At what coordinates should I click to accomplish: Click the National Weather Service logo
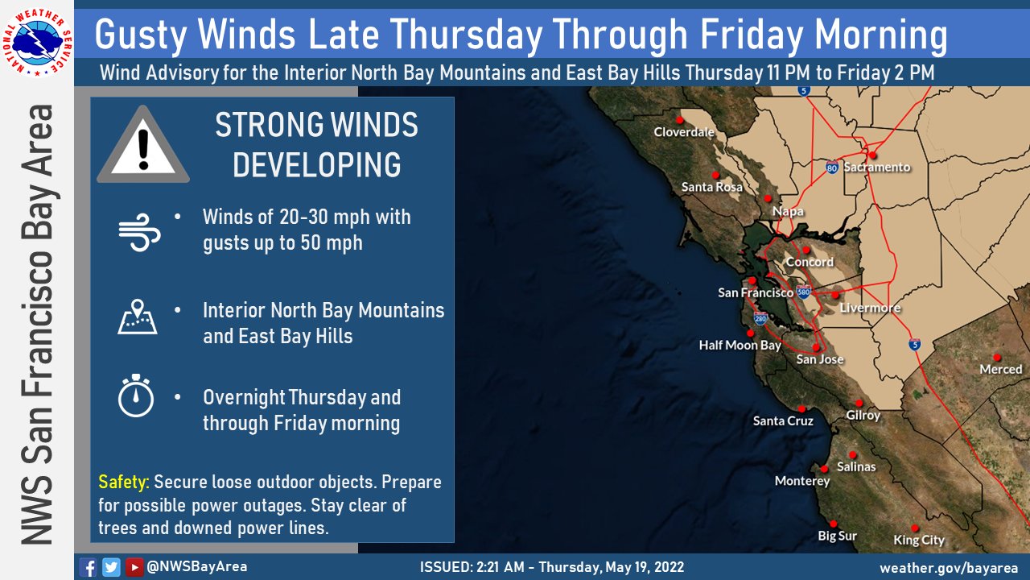click(x=37, y=43)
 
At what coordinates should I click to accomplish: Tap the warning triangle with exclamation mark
click(x=143, y=144)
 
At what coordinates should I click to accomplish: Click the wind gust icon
click(x=139, y=232)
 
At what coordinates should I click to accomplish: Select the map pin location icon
click(x=138, y=317)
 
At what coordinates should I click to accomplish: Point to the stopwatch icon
click(x=136, y=396)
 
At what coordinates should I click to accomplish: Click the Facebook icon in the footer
click(x=88, y=567)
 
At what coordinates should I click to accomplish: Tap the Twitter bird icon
click(x=111, y=567)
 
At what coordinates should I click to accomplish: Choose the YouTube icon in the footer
click(x=134, y=567)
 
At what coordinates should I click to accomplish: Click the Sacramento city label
click(x=877, y=167)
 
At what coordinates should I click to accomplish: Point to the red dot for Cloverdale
click(x=679, y=120)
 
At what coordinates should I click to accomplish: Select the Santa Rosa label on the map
click(x=712, y=187)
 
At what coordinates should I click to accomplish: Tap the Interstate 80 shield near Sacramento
click(x=832, y=167)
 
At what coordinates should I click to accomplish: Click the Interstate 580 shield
click(x=803, y=292)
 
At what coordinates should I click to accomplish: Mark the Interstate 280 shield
click(x=760, y=318)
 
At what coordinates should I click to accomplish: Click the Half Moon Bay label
click(x=740, y=346)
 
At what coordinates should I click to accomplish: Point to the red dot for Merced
click(x=997, y=357)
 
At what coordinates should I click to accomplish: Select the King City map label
click(x=919, y=540)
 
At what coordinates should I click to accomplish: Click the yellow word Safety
click(x=124, y=482)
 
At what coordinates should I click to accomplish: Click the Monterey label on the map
click(x=802, y=481)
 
